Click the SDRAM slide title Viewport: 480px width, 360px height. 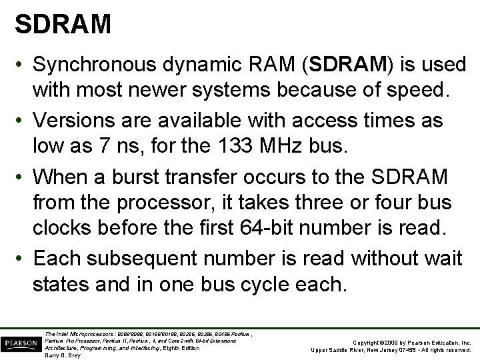[x=63, y=25]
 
